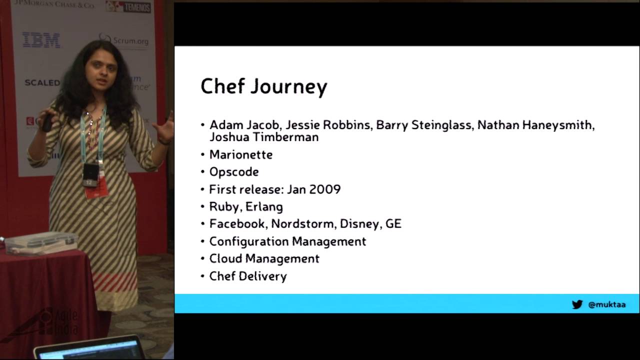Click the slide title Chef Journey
(x=263, y=86)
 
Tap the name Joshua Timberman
(x=264, y=137)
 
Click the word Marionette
(x=240, y=154)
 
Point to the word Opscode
(x=233, y=172)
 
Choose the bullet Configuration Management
(x=287, y=241)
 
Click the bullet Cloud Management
(x=264, y=258)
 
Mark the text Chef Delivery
(x=247, y=276)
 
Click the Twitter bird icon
(x=577, y=304)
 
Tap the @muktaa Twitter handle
(x=607, y=304)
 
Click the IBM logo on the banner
(x=41, y=40)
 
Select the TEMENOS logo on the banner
(x=128, y=7)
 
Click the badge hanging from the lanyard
(x=90, y=174)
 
